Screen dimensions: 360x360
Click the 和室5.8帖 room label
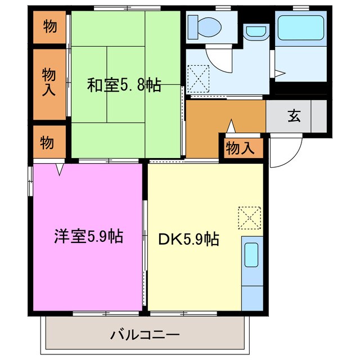(x=124, y=85)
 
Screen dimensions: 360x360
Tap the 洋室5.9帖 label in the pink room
(x=89, y=237)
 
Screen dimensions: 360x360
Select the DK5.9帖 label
(x=188, y=240)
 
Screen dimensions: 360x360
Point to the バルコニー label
(x=145, y=335)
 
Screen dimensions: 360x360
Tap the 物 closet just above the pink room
(x=48, y=143)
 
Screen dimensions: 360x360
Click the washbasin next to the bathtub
(x=256, y=33)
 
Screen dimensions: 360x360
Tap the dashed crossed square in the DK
(x=249, y=218)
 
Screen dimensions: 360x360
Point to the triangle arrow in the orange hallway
(x=230, y=127)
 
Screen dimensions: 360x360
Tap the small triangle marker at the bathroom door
(x=280, y=73)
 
